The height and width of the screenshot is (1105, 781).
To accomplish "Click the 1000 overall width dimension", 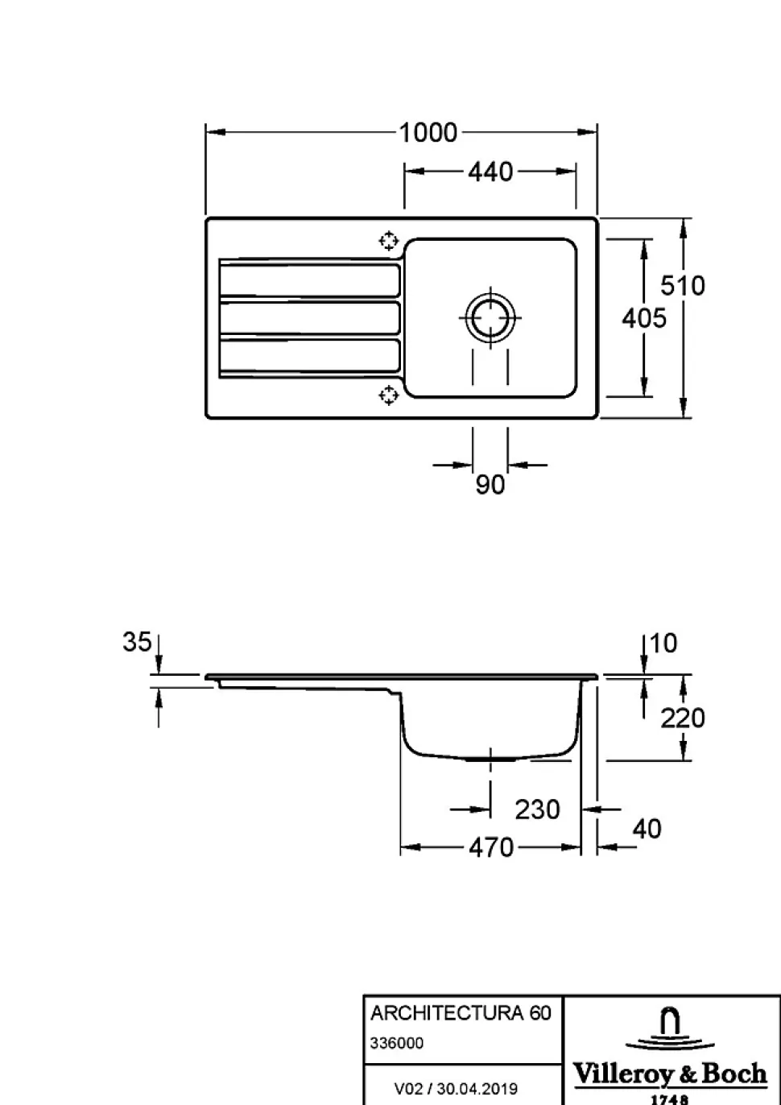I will pyautogui.click(x=428, y=132).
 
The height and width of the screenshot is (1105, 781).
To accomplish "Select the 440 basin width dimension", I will pyautogui.click(x=490, y=172).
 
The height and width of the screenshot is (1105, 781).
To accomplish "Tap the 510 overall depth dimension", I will pyautogui.click(x=683, y=286).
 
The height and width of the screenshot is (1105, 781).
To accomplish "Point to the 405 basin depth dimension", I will pyautogui.click(x=644, y=319).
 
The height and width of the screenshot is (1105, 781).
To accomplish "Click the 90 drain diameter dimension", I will pyautogui.click(x=490, y=484).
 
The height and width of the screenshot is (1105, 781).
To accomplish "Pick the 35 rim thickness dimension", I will pyautogui.click(x=137, y=643).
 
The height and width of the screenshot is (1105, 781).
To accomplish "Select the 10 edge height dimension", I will pyautogui.click(x=663, y=644).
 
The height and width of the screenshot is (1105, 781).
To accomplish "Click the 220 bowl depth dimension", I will pyautogui.click(x=683, y=718).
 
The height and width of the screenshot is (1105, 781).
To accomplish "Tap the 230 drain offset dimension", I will pyautogui.click(x=536, y=809).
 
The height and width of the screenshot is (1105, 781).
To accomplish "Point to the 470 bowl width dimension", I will pyautogui.click(x=490, y=847).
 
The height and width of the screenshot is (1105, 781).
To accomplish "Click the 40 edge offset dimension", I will pyautogui.click(x=647, y=829).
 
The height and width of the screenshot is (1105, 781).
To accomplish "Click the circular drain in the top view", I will pyautogui.click(x=490, y=317).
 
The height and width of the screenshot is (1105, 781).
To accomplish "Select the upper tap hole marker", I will pyautogui.click(x=389, y=241).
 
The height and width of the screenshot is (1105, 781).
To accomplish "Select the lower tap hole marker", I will pyautogui.click(x=389, y=395).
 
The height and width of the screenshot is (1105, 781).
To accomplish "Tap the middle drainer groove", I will pyautogui.click(x=310, y=318).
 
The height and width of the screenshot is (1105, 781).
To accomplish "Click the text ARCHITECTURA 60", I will pyautogui.click(x=461, y=1012).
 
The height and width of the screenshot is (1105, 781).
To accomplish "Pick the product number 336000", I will pyautogui.click(x=397, y=1043).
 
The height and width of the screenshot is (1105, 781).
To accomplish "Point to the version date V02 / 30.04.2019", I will pyautogui.click(x=456, y=1090).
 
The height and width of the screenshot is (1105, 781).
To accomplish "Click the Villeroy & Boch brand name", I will pyautogui.click(x=670, y=1074).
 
